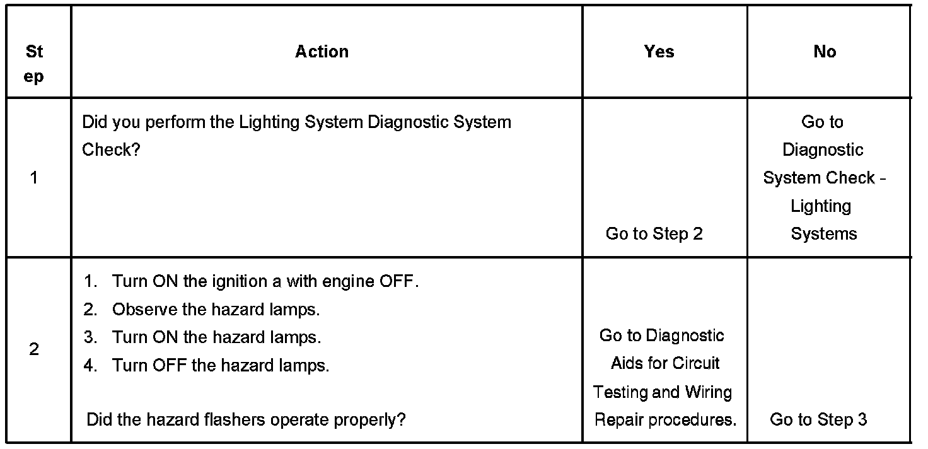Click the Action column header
point(322,52)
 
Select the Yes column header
point(659,52)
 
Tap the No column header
point(825,52)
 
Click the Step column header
point(35,63)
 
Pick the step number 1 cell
point(34,178)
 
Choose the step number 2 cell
point(34,349)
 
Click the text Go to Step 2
point(654,234)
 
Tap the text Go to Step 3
point(818,419)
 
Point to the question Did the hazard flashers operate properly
point(246,419)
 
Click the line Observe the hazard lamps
point(216,310)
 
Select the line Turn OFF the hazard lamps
point(221,365)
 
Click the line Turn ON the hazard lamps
point(216,337)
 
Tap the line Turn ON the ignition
point(265,281)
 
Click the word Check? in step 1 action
point(110,150)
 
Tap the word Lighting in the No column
point(821,206)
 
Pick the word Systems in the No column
point(824,234)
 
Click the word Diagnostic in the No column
point(823,150)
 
